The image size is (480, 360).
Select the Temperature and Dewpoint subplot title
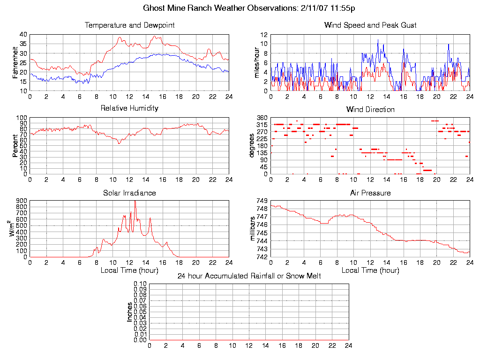pos(129,25)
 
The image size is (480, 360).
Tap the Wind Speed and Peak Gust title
pos(370,25)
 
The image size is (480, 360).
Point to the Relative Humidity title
pos(129,108)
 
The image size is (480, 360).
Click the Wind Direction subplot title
pos(370,110)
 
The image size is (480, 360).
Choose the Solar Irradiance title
pos(129,193)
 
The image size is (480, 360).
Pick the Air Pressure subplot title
pos(370,193)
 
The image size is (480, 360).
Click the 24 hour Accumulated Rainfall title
pos(249,276)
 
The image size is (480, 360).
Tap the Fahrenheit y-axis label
pos(15,62)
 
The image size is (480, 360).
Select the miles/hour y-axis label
pos(256,62)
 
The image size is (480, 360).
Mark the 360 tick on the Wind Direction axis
pos(262,118)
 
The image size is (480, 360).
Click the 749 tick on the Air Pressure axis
pos(262,201)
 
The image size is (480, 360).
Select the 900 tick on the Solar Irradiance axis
pos(22,201)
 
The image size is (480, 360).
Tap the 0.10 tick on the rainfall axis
pos(140,284)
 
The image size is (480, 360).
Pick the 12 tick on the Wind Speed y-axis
pos(264,35)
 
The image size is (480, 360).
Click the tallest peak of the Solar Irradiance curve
pos(135,202)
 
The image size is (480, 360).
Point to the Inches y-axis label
pos(130,312)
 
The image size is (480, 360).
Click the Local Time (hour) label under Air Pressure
pos(370,270)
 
